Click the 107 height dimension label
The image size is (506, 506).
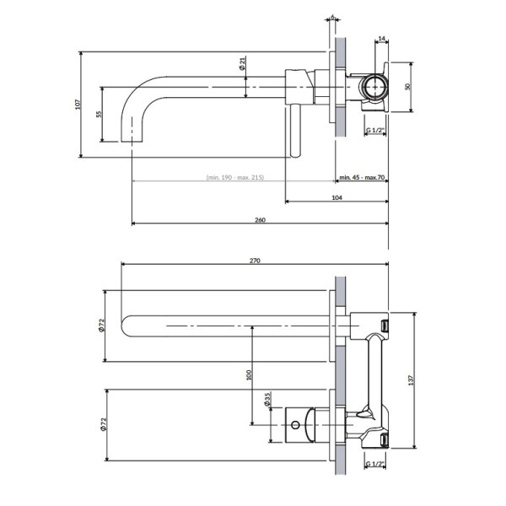[x=78, y=105]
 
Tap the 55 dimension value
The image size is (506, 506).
[x=99, y=114]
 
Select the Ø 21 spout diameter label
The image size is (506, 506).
[x=242, y=63]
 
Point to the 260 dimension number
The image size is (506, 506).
[x=260, y=220]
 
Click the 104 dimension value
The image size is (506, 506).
[x=336, y=197]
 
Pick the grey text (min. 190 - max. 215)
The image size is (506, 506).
[x=235, y=177]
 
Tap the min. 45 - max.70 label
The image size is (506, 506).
[x=362, y=177]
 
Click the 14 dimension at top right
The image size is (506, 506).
[x=382, y=39]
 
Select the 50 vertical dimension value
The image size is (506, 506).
[x=407, y=87]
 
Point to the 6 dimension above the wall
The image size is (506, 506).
[x=333, y=16]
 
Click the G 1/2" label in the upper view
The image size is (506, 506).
[x=375, y=131]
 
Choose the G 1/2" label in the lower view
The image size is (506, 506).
[x=375, y=464]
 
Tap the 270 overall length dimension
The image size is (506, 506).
[x=255, y=261]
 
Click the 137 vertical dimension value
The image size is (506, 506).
[x=411, y=380]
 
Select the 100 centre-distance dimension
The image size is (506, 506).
[x=249, y=375]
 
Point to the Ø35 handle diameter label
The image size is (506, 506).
[x=266, y=399]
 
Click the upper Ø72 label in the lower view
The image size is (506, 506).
[x=101, y=326]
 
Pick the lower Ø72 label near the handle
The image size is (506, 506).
[x=103, y=425]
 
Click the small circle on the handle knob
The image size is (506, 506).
[x=295, y=425]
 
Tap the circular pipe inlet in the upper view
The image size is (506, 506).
[x=375, y=87]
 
